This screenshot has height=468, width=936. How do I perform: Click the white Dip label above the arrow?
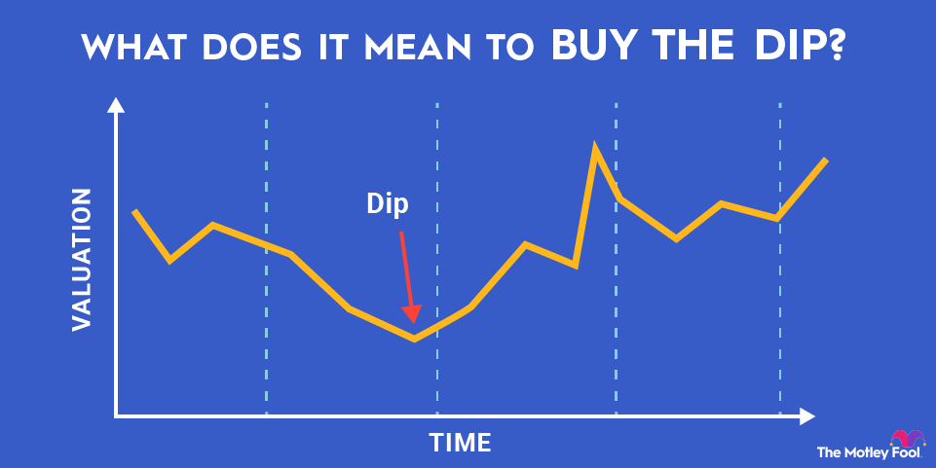pyautogui.click(x=388, y=204)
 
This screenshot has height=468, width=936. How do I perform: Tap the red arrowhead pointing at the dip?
pyautogui.click(x=411, y=313)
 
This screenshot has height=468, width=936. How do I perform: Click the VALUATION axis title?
pyautogui.click(x=82, y=260)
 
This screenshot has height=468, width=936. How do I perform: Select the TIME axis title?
pyautogui.click(x=460, y=443)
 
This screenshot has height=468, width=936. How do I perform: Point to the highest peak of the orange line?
pyautogui.click(x=594, y=144)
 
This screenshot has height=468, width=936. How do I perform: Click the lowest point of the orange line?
pyautogui.click(x=414, y=340)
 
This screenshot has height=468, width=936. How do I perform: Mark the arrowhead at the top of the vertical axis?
pyautogui.click(x=116, y=105)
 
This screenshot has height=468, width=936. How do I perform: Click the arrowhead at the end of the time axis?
pyautogui.click(x=807, y=416)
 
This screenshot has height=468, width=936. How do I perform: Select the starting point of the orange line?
pyautogui.click(x=135, y=212)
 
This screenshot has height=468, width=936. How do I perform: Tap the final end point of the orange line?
pyautogui.click(x=826, y=160)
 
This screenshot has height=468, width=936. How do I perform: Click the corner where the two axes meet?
pyautogui.click(x=116, y=415)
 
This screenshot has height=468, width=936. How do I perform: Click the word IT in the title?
pyautogui.click(x=332, y=48)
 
